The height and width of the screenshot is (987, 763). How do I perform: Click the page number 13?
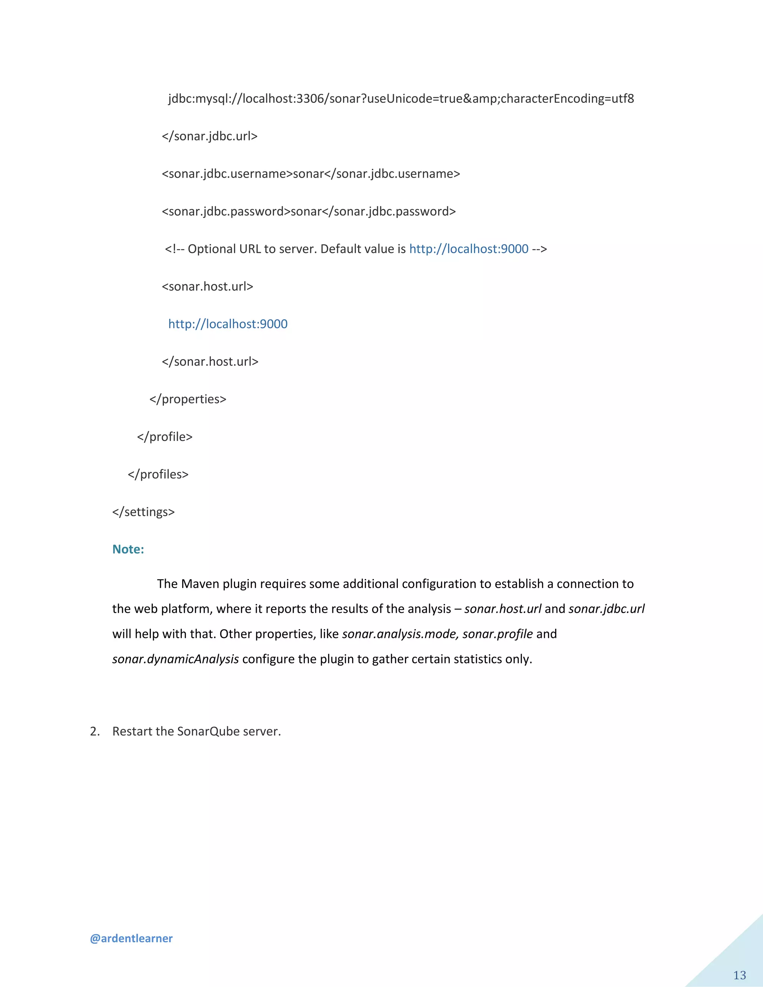point(740,975)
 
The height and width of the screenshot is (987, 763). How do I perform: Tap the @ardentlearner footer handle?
point(131,938)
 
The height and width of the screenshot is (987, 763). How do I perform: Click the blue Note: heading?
point(128,549)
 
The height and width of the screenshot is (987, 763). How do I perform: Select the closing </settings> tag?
point(143,512)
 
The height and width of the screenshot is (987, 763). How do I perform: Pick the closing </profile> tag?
point(165,437)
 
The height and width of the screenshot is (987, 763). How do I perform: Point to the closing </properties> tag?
point(188,399)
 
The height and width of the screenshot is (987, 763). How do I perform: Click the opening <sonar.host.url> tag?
point(208,286)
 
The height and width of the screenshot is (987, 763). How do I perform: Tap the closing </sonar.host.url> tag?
point(210,362)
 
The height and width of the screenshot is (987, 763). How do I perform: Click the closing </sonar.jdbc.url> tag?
point(210,136)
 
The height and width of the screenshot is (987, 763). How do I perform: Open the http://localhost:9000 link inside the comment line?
point(469,249)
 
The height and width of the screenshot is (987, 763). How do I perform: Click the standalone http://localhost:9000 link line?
point(228,324)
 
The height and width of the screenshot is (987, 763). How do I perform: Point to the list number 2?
point(95,731)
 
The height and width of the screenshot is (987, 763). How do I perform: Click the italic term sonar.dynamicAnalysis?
point(175,659)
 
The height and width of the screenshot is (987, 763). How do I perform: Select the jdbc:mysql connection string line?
point(401,99)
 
